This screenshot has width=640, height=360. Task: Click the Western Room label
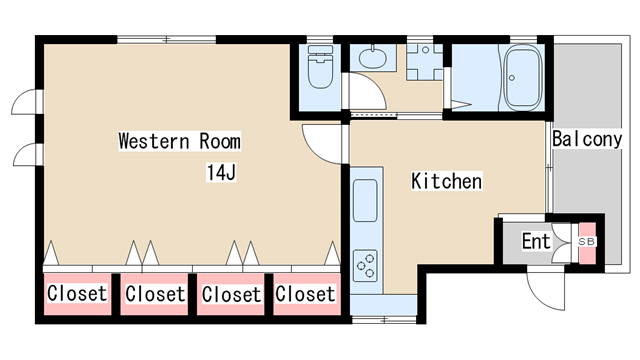tap(180, 141)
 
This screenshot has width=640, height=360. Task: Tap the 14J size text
tap(221, 172)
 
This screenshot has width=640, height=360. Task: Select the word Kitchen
tap(447, 181)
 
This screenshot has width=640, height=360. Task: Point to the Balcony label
tap(587, 139)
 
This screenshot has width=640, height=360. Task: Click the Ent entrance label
tap(536, 241)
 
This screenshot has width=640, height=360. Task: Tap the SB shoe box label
tap(587, 242)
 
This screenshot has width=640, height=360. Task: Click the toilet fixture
tap(320, 67)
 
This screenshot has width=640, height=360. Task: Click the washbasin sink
tap(373, 58)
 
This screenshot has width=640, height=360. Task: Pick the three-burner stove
tap(365, 266)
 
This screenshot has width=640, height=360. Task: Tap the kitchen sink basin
tap(365, 200)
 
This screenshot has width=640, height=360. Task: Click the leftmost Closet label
tap(77, 293)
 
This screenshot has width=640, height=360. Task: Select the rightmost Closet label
tap(305, 294)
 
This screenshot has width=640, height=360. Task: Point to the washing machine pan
tap(424, 62)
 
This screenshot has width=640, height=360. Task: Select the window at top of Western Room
tap(167, 40)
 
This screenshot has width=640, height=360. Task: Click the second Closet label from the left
tap(155, 294)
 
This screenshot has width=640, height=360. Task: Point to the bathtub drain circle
tap(512, 78)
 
